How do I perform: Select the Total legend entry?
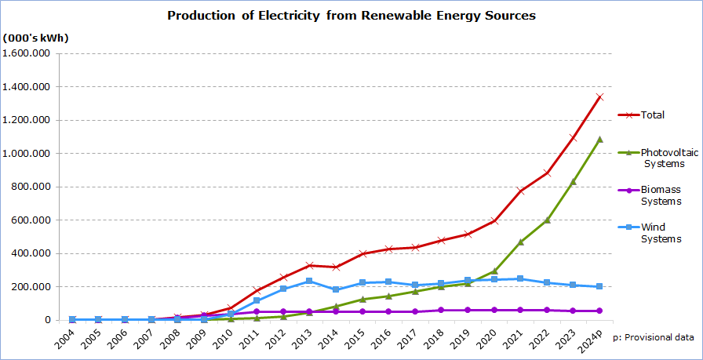tap(652, 115)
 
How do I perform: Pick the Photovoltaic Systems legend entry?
tap(668, 158)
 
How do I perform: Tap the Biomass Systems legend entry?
tap(661, 195)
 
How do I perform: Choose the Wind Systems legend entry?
tap(661, 233)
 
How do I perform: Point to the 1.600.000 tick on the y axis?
tap(27, 53)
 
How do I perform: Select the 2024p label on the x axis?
tap(593, 340)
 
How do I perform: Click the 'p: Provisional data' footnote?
tap(653, 337)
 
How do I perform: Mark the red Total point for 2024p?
tap(599, 96)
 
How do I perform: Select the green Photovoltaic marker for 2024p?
tap(599, 139)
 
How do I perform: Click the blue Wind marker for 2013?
tap(310, 281)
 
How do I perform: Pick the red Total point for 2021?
tap(520, 191)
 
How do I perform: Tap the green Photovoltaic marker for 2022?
tap(547, 220)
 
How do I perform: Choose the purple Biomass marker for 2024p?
tap(599, 311)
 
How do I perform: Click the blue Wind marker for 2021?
tap(520, 278)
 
